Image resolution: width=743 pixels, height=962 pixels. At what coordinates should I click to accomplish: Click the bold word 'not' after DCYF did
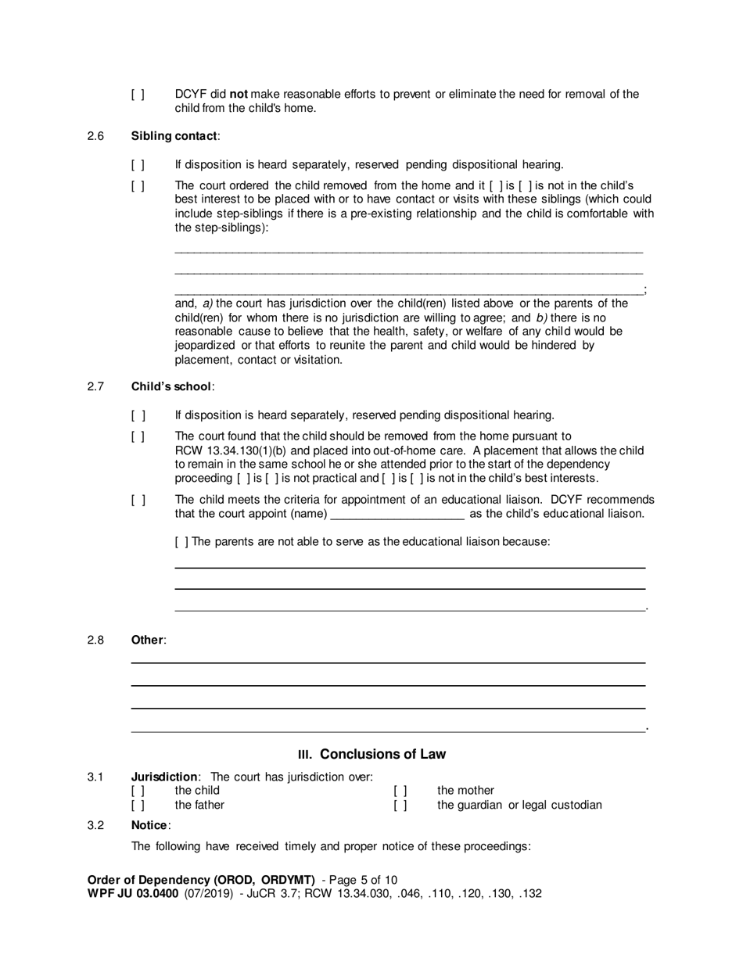tap(239, 95)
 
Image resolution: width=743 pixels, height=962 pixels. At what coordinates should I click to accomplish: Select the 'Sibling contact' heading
tap(174, 136)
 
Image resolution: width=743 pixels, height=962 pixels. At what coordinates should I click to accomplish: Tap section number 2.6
tap(96, 136)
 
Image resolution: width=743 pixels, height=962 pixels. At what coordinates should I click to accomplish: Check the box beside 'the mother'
tap(400, 791)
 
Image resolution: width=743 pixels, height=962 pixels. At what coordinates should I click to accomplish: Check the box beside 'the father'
tap(138, 805)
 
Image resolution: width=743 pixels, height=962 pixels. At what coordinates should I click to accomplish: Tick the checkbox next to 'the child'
tap(138, 791)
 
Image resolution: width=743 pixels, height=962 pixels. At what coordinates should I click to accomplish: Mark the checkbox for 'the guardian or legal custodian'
tap(400, 805)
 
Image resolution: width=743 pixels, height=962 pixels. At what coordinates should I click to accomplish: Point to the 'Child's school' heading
tap(171, 386)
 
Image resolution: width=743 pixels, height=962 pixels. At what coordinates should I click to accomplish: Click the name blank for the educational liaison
tap(398, 514)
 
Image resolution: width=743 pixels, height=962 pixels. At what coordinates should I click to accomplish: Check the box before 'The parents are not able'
tap(181, 540)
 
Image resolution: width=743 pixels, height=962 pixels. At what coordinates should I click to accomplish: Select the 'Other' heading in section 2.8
tap(147, 640)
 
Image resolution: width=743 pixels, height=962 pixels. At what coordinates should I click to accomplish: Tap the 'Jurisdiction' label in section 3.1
tap(164, 777)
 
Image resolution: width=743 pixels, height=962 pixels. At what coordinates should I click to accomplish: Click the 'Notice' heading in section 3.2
tap(149, 825)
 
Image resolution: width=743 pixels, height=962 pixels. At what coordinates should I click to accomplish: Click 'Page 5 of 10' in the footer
tap(364, 879)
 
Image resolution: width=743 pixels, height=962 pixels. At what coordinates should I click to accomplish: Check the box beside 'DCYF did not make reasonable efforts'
tap(138, 95)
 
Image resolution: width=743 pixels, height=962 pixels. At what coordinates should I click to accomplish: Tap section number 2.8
tap(96, 640)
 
